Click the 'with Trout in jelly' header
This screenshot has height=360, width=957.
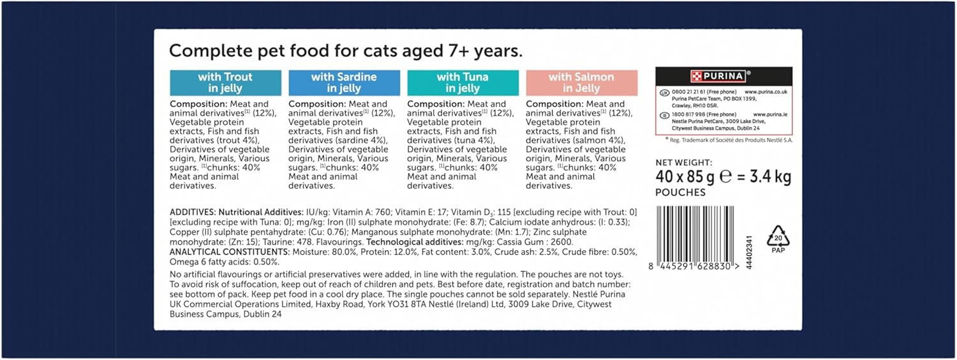click(225, 83)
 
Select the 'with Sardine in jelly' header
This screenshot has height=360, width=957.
click(344, 83)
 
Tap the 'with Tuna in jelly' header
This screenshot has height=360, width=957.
click(462, 83)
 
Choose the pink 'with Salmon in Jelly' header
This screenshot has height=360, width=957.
click(581, 83)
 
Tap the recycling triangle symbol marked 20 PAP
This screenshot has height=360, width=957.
click(778, 238)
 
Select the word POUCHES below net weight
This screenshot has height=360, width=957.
click(680, 193)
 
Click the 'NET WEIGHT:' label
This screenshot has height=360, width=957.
click(684, 163)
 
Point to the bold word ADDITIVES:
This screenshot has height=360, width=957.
click(193, 212)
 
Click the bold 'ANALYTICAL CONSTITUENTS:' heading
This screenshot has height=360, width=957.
click(230, 253)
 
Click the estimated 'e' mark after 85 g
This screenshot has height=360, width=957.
click(725, 177)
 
